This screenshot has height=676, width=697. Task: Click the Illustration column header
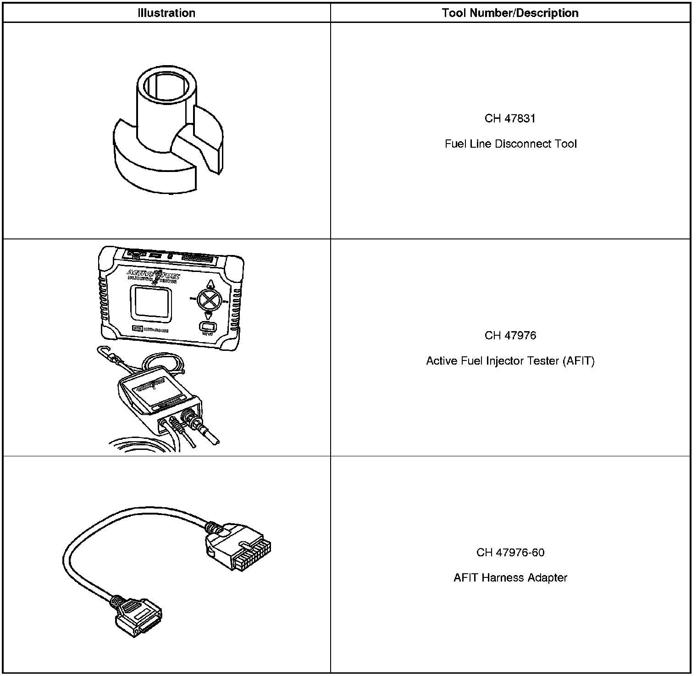pos(166,13)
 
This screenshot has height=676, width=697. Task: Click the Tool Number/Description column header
pos(510,13)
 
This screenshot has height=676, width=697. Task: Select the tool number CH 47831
pos(510,118)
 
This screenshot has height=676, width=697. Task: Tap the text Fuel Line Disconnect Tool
pos(510,144)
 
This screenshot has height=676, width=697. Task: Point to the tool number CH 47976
pos(510,335)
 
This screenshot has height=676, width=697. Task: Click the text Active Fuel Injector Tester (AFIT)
pos(510,361)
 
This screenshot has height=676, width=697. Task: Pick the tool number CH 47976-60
pos(510,552)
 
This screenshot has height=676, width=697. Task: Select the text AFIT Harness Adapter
pos(510,578)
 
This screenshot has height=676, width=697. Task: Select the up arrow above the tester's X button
pos(210,283)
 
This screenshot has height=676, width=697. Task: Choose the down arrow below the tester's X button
pos(209,315)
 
